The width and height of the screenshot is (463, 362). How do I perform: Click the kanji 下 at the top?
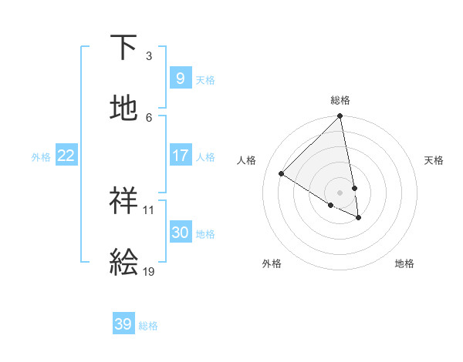123,48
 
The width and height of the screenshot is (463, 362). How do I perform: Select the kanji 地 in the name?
123,109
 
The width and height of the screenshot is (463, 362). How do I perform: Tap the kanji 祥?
123,201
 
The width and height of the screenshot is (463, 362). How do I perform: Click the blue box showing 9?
180,78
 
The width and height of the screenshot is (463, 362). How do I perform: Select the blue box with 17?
180,156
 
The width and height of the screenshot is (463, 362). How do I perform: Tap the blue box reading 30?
180,233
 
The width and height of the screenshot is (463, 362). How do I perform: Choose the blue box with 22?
66,156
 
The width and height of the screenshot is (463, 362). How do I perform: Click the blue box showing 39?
123,324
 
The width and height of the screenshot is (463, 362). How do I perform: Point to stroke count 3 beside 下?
149,56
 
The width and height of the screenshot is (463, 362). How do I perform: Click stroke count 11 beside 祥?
148,209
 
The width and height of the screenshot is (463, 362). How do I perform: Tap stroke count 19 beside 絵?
148,271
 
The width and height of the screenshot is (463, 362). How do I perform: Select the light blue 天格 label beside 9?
205,79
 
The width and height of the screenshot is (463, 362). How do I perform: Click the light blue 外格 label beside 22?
41,157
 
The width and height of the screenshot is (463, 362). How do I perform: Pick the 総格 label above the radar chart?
340,100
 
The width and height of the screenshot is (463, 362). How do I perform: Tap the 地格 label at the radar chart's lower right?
404,263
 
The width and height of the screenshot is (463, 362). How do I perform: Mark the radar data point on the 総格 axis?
340,117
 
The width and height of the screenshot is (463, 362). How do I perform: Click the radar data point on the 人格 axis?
282,174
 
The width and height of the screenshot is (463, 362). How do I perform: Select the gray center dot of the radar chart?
340,193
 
